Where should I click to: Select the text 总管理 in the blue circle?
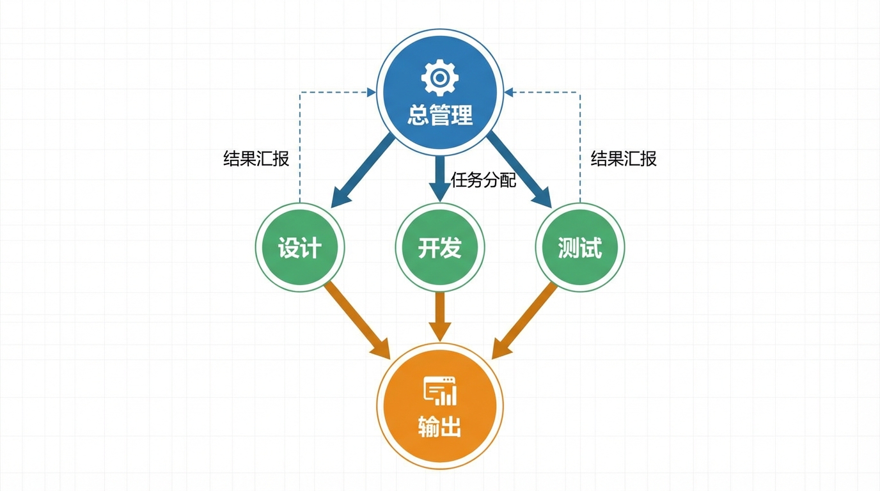440,116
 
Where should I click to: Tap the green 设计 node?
299,247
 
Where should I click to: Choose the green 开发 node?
440,247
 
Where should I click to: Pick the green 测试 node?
580,247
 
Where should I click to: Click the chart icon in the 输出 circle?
440,391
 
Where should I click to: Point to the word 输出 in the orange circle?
440,426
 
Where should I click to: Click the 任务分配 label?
483,180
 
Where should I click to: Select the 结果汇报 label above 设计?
256,158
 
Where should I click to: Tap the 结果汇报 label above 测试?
624,158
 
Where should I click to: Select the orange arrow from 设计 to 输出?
357,320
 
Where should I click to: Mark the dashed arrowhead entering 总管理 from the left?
370,93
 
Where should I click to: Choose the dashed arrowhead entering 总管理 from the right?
509,93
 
